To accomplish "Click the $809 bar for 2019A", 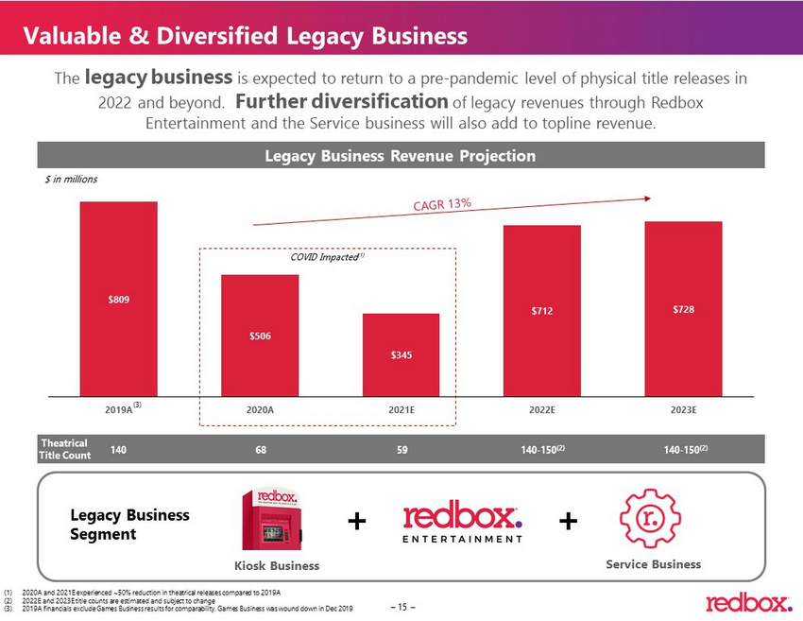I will click(x=118, y=299).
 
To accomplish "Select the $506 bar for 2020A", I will click(x=260, y=336).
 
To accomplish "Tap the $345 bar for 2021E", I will click(x=401, y=354).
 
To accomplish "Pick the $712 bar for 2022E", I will click(x=541, y=311).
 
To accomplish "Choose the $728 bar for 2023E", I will click(x=683, y=309).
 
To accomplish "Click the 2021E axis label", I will click(x=401, y=410).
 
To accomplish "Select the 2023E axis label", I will click(x=683, y=410).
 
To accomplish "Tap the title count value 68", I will click(x=260, y=450).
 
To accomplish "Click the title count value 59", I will click(x=401, y=450).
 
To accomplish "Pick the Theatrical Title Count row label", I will click(x=65, y=449).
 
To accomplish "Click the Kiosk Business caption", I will click(x=276, y=565).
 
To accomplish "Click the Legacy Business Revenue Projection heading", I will click(x=401, y=156).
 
